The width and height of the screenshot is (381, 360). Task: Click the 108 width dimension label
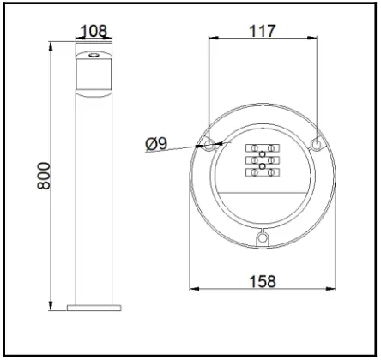click(93, 32)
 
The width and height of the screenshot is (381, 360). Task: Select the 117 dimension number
click(263, 31)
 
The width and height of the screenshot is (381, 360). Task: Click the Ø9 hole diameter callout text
click(158, 145)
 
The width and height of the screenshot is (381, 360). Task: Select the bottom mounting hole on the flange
click(263, 236)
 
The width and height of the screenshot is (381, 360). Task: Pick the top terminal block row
click(263, 148)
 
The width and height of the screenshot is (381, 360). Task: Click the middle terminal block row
click(263, 161)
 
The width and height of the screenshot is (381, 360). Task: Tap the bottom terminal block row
click(263, 173)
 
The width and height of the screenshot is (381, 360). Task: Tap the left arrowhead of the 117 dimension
click(212, 39)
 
